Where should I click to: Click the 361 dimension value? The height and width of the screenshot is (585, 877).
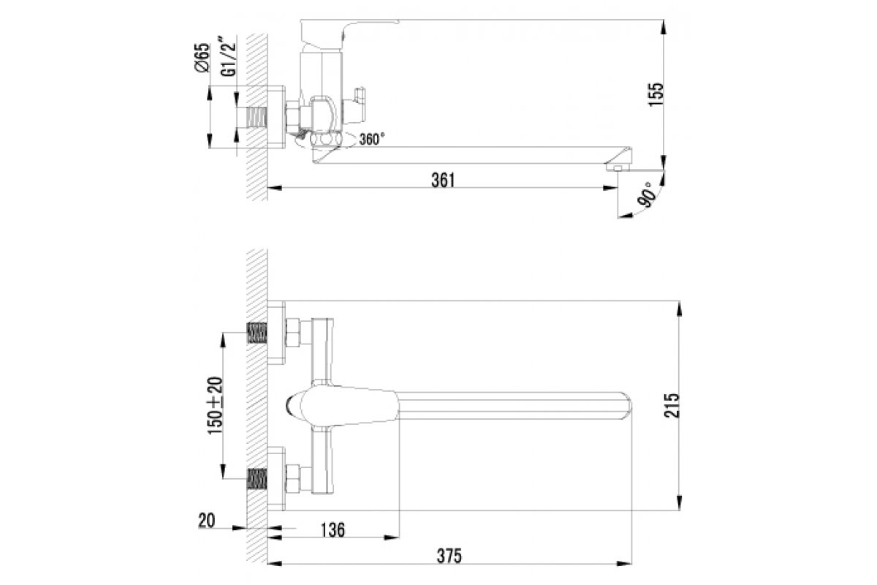[443, 180]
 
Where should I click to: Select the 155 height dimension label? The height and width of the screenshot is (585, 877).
[656, 94]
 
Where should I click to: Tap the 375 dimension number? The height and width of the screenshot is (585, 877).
[449, 556]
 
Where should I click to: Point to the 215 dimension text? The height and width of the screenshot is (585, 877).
[672, 406]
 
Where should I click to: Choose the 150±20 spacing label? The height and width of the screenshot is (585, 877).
[215, 405]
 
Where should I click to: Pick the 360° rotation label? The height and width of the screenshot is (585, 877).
[371, 139]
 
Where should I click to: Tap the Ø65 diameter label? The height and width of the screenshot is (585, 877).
[202, 58]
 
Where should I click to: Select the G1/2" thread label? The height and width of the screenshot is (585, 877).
[229, 56]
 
